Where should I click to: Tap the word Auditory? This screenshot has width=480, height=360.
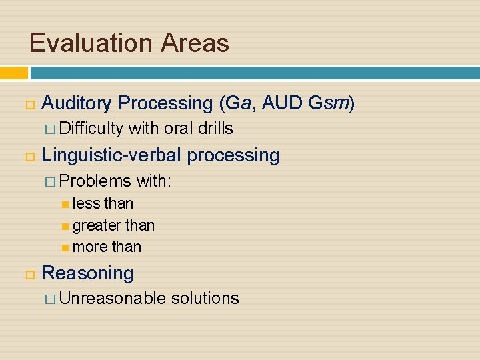pos(77,103)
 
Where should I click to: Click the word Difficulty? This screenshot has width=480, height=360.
pos(91,128)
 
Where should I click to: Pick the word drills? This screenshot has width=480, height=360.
pos(215,128)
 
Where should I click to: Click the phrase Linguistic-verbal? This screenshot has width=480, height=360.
pos(111,155)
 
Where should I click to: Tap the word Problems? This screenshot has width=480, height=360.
pos(95,181)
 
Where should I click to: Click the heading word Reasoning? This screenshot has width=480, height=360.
pos(87,273)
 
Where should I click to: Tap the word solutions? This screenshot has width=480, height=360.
pos(205,298)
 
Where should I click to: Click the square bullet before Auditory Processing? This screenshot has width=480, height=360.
pos(28,104)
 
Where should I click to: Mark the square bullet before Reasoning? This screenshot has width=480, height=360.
pos(28,274)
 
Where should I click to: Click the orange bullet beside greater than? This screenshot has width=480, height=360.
pos(65,226)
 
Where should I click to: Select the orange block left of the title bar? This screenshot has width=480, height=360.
pos(13,72)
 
